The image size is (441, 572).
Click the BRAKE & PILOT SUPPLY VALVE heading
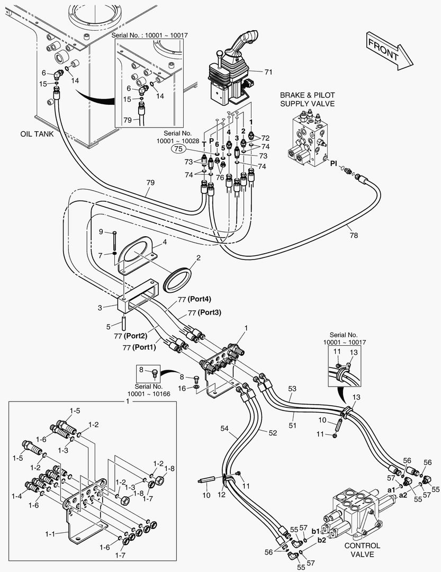click(x=307, y=99)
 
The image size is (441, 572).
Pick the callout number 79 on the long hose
click(x=151, y=183)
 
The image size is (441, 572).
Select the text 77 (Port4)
click(x=182, y=300)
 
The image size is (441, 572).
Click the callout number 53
click(x=292, y=389)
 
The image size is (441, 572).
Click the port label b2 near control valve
click(x=322, y=541)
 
